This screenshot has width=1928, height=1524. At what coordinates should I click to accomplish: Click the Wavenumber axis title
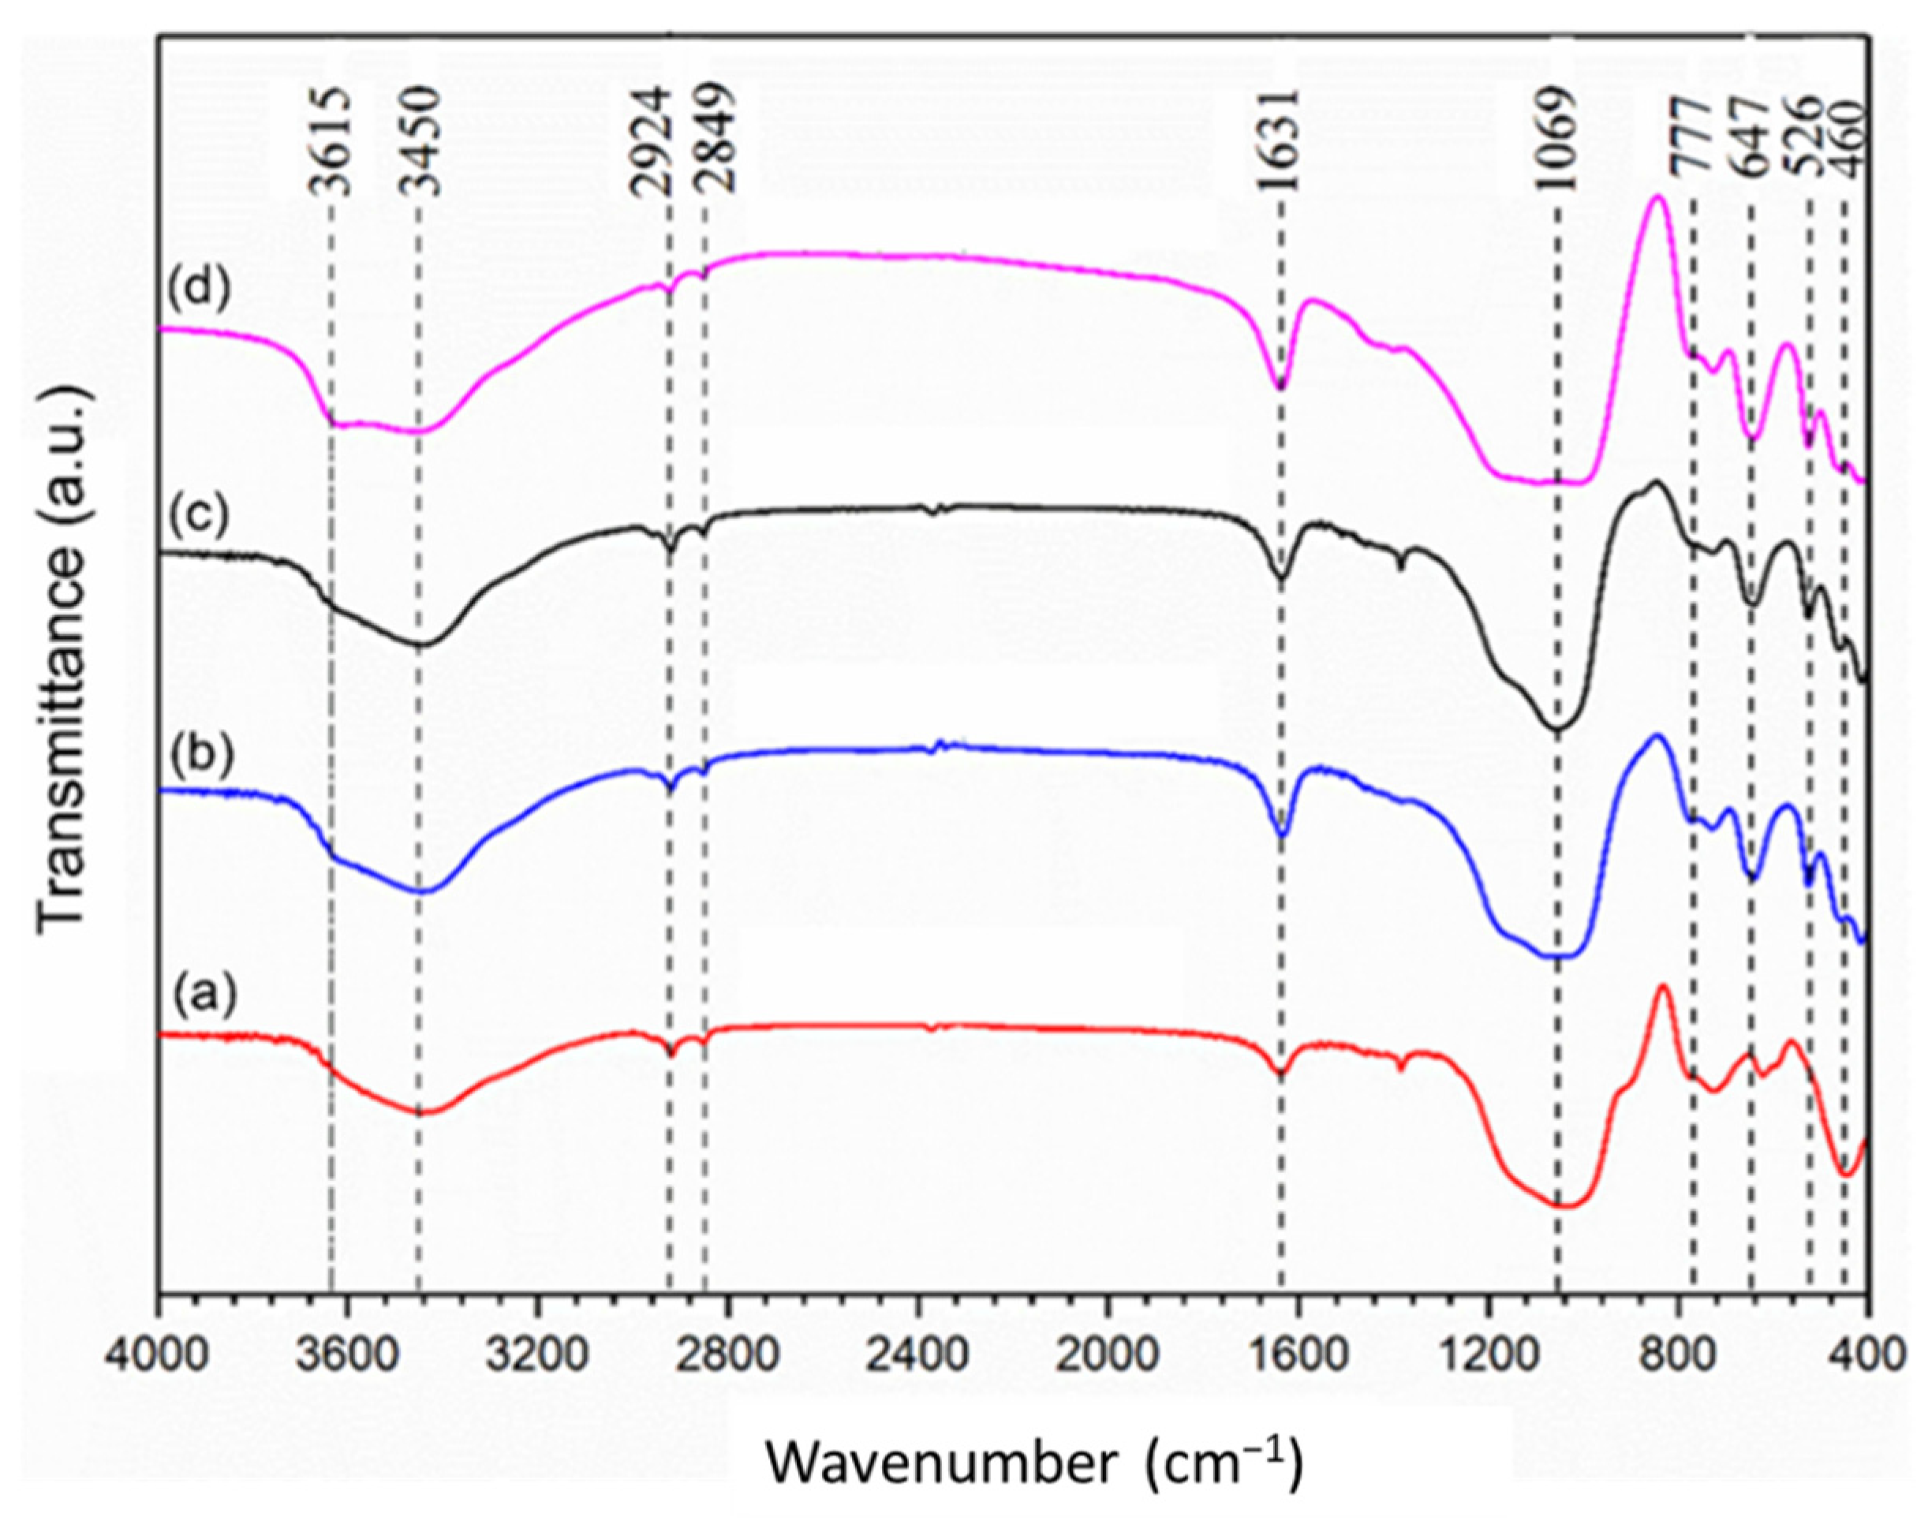1033,1462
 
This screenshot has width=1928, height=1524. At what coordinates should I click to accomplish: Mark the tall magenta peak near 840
1657,198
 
